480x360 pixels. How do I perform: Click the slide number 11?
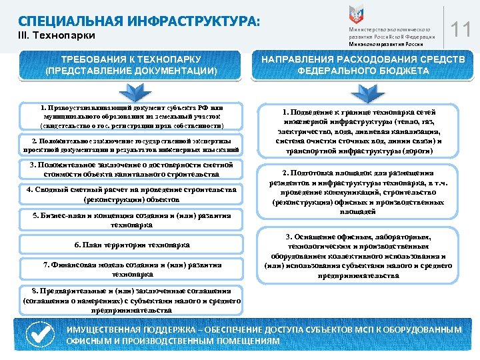coord(460,29)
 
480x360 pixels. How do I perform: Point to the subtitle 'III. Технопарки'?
coord(57,35)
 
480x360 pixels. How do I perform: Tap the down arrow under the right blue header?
coord(363,91)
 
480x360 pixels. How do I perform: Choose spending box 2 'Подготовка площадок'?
coord(363,191)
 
